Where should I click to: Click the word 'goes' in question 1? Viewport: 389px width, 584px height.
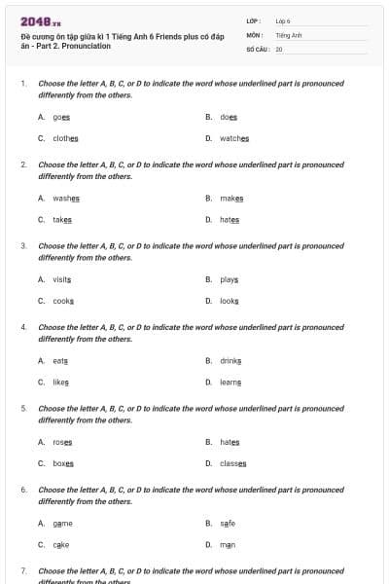[x=61, y=117]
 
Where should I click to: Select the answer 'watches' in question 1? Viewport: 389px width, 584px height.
[x=234, y=138]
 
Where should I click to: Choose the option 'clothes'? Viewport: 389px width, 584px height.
[x=65, y=138]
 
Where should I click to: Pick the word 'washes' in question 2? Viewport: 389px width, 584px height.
[x=66, y=198]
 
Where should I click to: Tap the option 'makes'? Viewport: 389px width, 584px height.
[x=231, y=198]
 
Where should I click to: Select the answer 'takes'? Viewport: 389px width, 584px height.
[x=62, y=219]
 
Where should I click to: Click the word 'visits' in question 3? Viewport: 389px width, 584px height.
[x=62, y=279]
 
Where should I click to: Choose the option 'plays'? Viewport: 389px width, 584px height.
[x=230, y=279]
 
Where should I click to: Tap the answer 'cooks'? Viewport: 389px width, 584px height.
[x=63, y=301]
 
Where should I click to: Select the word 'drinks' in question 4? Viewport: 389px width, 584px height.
[x=230, y=360]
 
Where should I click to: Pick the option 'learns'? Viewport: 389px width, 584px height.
[x=230, y=382]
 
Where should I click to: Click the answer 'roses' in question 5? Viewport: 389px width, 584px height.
[x=62, y=442]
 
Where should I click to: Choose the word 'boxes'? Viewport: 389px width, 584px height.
[x=63, y=463]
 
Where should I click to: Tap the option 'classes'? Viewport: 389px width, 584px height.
[x=232, y=463]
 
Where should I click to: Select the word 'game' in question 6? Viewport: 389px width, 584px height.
[x=63, y=523]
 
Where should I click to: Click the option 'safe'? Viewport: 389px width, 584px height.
[x=228, y=523]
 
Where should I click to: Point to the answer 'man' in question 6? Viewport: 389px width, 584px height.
[x=228, y=544]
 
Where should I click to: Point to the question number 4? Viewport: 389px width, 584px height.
[x=22, y=327]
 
